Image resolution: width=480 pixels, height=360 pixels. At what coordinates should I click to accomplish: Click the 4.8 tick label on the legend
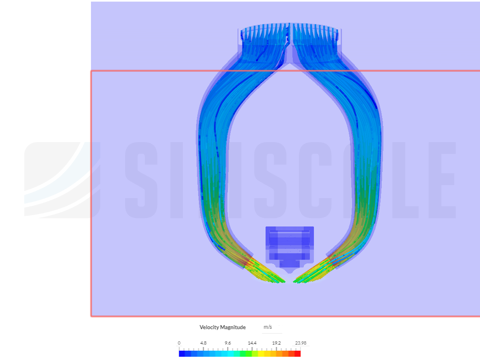coord(203,343)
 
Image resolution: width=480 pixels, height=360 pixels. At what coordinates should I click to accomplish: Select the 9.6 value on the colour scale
coord(227,343)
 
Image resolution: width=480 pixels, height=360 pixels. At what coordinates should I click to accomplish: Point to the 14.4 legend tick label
coord(252,343)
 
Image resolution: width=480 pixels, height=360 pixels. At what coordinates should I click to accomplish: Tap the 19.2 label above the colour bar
coord(277,343)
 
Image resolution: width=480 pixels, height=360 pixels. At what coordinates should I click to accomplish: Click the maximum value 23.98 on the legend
coord(301,343)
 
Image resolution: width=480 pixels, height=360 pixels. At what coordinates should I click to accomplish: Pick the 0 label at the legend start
coord(179,343)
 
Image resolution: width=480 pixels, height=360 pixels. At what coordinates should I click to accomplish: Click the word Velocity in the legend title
coord(210,327)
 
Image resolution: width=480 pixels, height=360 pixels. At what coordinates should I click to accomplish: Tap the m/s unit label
coord(268,327)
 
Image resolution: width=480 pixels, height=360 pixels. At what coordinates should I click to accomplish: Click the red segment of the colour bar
coord(298,354)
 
